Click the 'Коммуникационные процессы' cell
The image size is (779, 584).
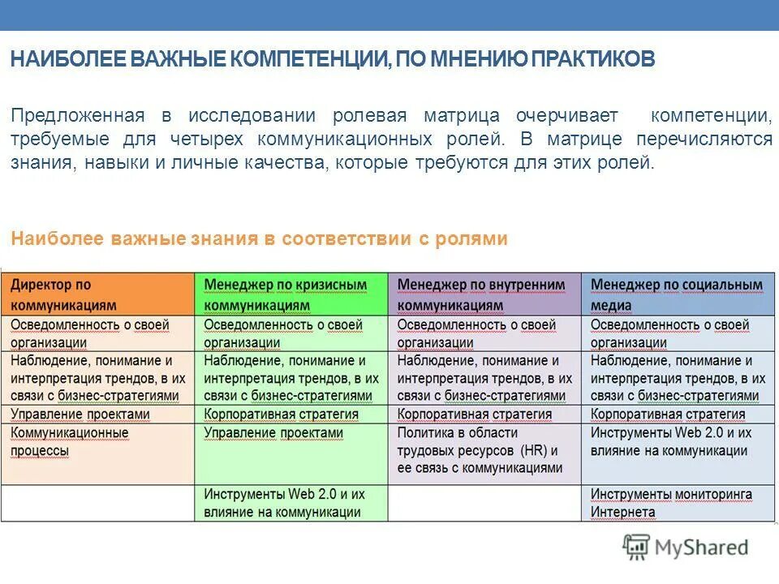click(70, 442)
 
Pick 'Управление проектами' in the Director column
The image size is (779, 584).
click(80, 414)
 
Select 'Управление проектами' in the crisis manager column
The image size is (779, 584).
click(273, 433)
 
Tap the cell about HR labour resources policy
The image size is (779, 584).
click(480, 451)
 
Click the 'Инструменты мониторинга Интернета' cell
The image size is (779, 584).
click(671, 503)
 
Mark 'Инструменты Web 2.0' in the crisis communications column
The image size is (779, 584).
click(284, 503)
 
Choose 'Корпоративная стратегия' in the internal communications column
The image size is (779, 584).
click(475, 414)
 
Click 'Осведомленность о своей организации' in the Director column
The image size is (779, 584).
click(89, 333)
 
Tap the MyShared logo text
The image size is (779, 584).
click(701, 547)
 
